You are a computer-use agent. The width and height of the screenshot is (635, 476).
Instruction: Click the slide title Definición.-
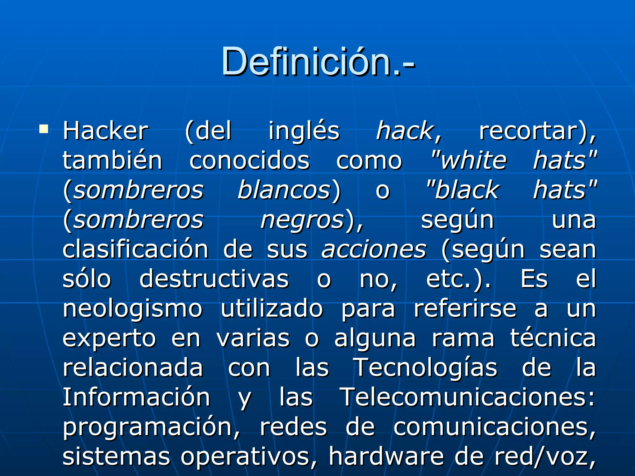click(x=317, y=61)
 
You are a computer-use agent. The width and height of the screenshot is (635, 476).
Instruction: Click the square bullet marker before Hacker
click(x=44, y=129)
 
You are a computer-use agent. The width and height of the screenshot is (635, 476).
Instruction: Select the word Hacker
click(x=105, y=131)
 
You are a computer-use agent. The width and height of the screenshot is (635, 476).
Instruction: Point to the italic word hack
click(x=405, y=131)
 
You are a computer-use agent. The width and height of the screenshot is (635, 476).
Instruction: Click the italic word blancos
click(x=284, y=190)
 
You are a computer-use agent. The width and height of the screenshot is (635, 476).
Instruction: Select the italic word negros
click(x=302, y=220)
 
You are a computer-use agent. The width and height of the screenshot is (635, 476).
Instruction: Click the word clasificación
click(x=135, y=249)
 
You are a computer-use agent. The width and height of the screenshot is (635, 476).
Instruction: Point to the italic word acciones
click(x=374, y=249)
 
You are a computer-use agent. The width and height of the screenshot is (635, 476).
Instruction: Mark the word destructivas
click(x=214, y=279)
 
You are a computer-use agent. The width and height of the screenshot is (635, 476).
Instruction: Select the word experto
click(x=109, y=339)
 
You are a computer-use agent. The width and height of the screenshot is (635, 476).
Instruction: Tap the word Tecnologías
click(x=425, y=368)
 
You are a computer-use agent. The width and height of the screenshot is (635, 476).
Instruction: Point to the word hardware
click(x=386, y=456)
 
